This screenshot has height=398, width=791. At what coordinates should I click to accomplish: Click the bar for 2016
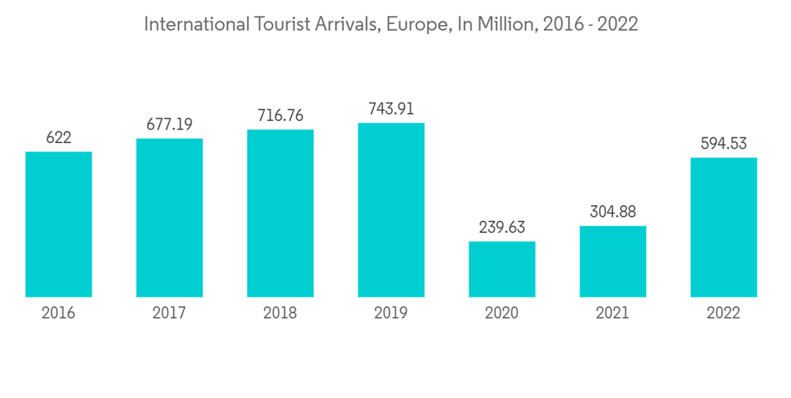click(x=59, y=224)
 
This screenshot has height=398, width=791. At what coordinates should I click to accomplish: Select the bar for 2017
click(x=169, y=218)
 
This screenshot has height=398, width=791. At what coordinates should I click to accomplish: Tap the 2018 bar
click(x=280, y=213)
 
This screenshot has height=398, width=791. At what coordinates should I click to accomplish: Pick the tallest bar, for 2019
click(x=391, y=210)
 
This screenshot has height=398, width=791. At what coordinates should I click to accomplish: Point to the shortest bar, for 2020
click(x=501, y=269)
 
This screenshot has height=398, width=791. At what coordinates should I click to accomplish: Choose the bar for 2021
click(x=612, y=261)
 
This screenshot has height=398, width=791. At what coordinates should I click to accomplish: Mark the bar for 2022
click(x=723, y=227)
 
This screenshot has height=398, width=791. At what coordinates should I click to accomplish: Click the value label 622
click(x=59, y=137)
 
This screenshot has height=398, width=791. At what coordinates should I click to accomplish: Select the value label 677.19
click(x=169, y=125)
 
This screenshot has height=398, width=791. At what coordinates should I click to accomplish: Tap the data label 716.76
click(x=280, y=115)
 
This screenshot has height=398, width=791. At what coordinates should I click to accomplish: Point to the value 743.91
click(x=391, y=109)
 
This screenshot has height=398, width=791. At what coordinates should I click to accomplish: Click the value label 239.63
click(x=501, y=227)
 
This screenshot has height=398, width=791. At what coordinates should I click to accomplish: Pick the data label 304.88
click(x=612, y=212)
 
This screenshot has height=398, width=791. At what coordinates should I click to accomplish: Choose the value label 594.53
click(x=723, y=144)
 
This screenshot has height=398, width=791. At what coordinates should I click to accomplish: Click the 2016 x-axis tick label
click(x=59, y=314)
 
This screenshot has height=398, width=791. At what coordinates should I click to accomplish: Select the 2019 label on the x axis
click(x=391, y=314)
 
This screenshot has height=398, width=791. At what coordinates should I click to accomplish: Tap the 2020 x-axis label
click(x=501, y=314)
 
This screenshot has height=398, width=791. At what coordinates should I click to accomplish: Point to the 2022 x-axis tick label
click(x=723, y=314)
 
